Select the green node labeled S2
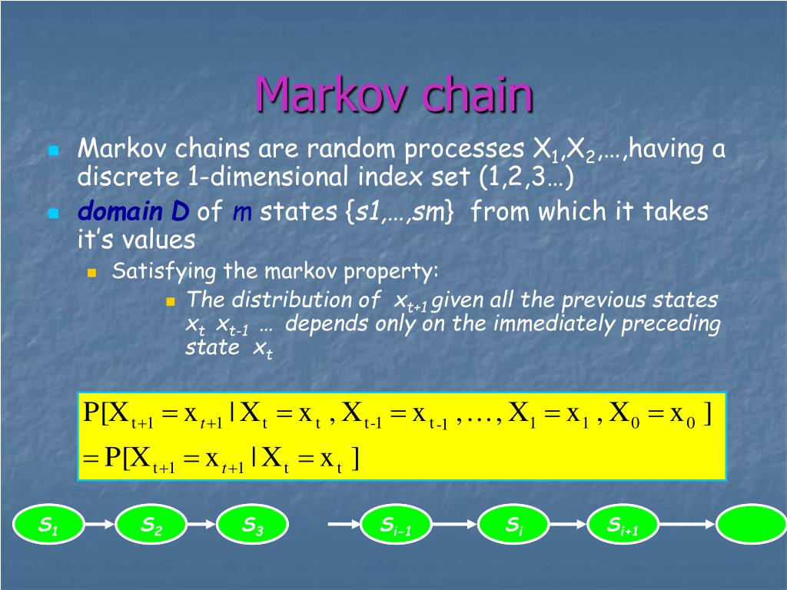[x=151, y=525]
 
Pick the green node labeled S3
[x=253, y=525]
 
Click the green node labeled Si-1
[x=396, y=525]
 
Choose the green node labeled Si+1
[x=623, y=525]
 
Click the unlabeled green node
[x=751, y=525]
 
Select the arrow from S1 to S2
[x=100, y=525]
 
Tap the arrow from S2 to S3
[x=202, y=525]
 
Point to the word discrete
[x=128, y=177]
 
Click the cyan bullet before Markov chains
[x=54, y=151]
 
